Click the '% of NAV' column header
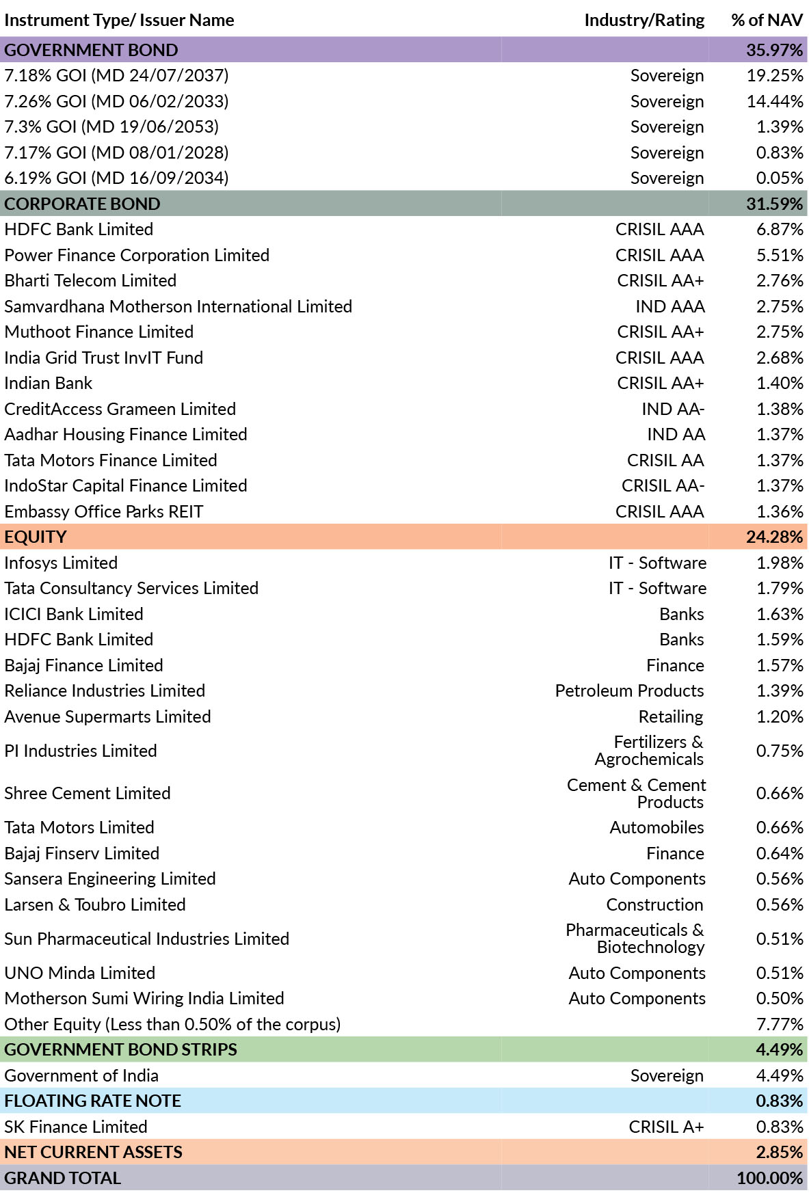tap(767, 21)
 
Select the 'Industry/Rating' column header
tap(644, 21)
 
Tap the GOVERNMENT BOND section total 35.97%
tap(774, 50)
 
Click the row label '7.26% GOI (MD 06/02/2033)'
tap(116, 101)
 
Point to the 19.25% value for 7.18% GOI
tap(775, 75)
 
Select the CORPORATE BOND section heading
tap(82, 204)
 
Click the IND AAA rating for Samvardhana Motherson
tap(670, 306)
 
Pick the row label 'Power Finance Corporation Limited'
tap(137, 255)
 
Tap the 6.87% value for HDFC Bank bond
tap(780, 229)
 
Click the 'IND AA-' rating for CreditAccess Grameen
tap(673, 409)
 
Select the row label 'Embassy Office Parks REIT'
tap(104, 511)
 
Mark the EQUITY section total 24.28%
tap(774, 537)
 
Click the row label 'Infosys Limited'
tap(61, 563)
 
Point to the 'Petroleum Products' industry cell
tap(629, 690)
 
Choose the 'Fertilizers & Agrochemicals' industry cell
tap(649, 751)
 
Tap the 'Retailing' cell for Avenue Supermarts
tap(671, 716)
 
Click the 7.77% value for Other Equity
tap(780, 1024)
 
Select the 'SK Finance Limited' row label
tap(76, 1127)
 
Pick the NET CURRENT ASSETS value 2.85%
tap(780, 1152)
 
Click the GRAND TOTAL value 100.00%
tap(769, 1178)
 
